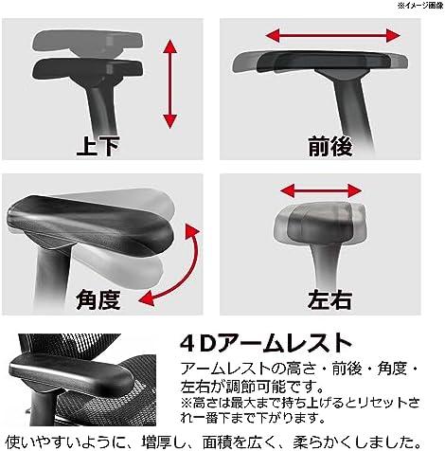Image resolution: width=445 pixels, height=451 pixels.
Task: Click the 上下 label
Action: tap(98, 147)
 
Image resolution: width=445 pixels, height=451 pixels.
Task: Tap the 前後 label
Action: tap(329, 147)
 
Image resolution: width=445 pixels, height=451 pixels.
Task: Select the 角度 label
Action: tap(98, 299)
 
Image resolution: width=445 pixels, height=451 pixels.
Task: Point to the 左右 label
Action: tap(329, 299)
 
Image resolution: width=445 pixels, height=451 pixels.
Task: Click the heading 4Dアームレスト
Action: tap(266, 343)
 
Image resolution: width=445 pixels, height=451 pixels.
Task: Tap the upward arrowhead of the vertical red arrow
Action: tap(170, 46)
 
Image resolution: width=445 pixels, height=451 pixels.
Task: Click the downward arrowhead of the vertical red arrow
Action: tap(170, 121)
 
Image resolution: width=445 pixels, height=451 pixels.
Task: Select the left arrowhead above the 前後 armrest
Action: tap(273, 35)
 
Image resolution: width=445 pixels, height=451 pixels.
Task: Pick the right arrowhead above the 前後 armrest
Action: tap(393, 35)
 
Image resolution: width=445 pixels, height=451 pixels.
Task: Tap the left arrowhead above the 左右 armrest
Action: tap(287, 190)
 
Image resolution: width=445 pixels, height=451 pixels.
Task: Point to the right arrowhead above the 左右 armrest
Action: tap(355, 190)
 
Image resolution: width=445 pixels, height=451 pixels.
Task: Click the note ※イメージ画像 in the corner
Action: tap(420, 6)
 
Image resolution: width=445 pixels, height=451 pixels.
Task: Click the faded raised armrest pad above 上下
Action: tap(87, 41)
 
